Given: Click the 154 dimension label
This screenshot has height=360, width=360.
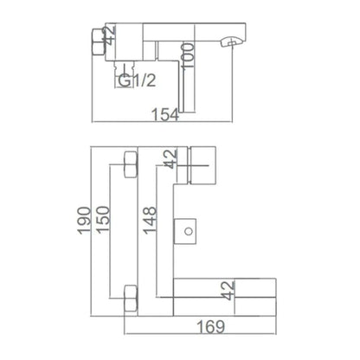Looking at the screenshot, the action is pos(165,114).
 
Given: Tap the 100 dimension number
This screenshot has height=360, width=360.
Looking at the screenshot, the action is pos(188,55).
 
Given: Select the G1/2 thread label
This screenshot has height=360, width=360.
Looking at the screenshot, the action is pos(137,80).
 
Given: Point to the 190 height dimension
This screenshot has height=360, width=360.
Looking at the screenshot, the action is pos(84,221).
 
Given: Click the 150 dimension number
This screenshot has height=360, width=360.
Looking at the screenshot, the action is pos(103,219).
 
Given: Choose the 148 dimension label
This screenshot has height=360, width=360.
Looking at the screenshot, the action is pos(150,221).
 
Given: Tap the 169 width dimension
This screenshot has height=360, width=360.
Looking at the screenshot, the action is pos(210,327).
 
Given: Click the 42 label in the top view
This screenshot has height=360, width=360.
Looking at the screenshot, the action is pos(110,35).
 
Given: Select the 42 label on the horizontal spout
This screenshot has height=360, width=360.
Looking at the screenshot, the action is pos(228,291).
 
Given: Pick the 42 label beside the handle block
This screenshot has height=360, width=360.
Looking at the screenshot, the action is pos(170,158).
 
